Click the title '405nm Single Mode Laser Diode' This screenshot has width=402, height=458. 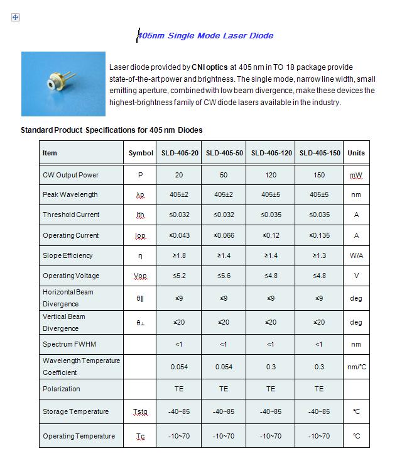coord(205,36)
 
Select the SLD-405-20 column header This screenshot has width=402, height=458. coord(179,153)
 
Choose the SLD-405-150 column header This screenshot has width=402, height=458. coord(319,153)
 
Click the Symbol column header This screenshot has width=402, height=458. coord(141,153)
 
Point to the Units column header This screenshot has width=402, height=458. coord(356,153)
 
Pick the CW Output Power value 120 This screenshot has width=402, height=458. coord(271,175)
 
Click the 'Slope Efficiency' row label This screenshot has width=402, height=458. coord(67,255)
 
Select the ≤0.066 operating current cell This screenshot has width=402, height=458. coord(224,235)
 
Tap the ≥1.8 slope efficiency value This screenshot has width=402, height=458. coord(179,255)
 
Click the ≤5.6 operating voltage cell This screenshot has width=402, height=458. coord(224,276)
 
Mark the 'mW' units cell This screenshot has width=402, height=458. coord(356,175)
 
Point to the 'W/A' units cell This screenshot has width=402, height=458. coord(356,255)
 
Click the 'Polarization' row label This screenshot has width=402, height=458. coord(61,389)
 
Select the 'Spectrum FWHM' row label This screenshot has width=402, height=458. coord(69,344)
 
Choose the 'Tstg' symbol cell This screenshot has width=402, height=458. coord(141,412)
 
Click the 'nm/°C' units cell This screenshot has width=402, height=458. coord(356,366)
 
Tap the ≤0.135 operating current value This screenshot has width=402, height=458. coord(319,235)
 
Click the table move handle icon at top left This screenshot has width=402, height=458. coord(16,18)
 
